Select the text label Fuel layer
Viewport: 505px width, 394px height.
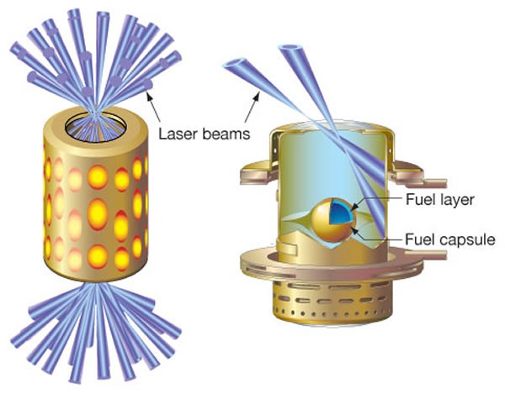point(426,201)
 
